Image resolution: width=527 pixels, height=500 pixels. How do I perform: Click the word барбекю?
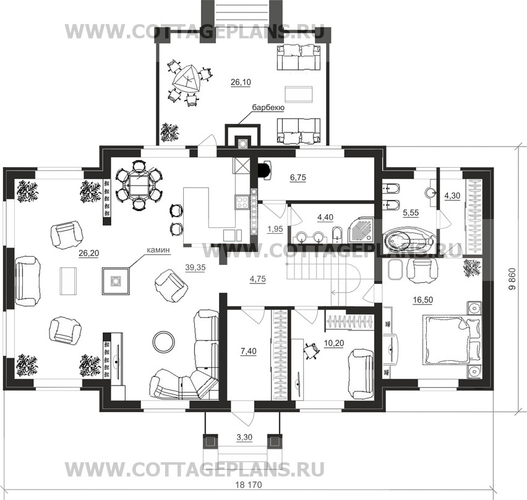(268, 108)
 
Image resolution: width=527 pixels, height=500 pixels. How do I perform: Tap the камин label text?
(158, 250)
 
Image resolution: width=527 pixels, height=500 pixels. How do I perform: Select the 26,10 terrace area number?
(241, 82)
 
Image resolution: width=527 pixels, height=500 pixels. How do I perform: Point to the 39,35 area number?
(195, 267)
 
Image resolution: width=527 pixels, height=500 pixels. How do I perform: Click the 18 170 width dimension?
(249, 485)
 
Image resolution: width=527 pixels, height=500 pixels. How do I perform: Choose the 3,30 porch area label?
(244, 437)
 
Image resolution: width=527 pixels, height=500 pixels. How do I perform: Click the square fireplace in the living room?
(116, 281)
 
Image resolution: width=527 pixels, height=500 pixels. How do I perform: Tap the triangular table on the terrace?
(187, 79)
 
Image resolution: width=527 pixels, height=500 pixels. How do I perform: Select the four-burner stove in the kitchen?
(242, 202)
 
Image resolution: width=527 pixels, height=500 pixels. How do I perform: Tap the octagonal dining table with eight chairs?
(139, 185)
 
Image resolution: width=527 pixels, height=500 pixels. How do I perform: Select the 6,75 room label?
(298, 177)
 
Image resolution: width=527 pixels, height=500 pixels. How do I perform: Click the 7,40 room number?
(248, 351)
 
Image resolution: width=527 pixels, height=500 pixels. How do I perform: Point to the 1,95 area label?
(275, 229)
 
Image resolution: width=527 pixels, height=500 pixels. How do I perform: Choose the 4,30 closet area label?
(452, 196)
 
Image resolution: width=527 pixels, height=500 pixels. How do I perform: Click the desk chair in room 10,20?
(311, 351)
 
